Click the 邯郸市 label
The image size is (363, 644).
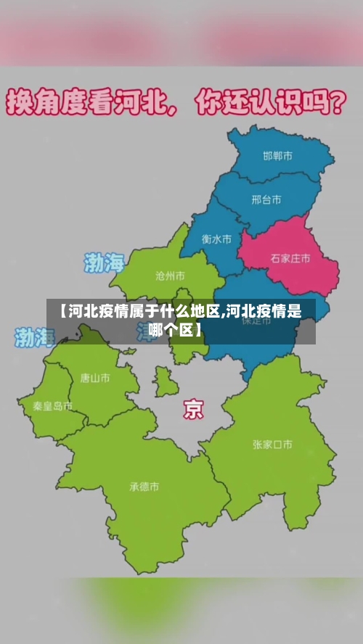[277, 156]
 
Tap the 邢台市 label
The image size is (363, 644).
[266, 199]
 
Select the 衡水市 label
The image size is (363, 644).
[216, 238]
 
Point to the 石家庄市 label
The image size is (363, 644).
[290, 257]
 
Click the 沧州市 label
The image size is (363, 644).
[170, 276]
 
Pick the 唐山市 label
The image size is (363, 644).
[95, 377]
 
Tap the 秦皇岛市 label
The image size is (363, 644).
[52, 406]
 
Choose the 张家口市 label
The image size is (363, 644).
[272, 444]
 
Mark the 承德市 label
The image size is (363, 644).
[144, 487]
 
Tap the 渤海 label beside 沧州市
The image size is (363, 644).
[105, 263]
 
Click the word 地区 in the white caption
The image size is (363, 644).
[206, 312]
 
